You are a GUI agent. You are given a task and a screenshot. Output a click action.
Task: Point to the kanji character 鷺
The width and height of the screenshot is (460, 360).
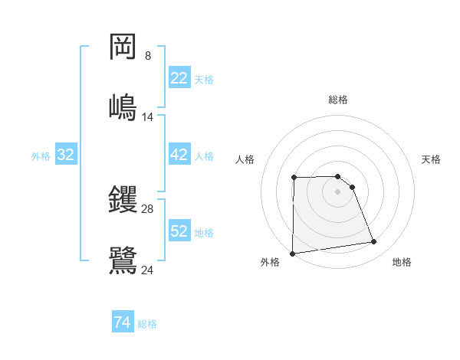click(x=123, y=259)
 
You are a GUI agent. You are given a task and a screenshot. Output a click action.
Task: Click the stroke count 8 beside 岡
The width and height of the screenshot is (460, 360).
click(x=148, y=56)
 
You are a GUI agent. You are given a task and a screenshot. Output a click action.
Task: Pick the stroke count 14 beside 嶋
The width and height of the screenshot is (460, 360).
click(x=148, y=116)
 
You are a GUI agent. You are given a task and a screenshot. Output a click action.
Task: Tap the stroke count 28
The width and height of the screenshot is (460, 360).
click(x=148, y=208)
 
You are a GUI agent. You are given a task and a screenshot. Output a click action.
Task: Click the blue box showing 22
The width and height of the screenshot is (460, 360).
click(x=179, y=78)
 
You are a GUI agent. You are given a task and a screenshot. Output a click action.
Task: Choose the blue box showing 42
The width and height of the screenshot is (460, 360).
click(x=179, y=155)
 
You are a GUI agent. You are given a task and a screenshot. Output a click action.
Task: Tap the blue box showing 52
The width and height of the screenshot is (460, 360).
click(x=179, y=231)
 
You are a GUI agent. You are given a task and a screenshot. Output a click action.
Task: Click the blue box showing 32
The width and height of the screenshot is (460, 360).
click(x=66, y=155)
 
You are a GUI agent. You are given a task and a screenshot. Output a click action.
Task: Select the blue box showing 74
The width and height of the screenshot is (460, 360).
click(x=123, y=323)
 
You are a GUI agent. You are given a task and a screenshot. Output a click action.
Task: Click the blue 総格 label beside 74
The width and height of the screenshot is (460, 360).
click(x=147, y=324)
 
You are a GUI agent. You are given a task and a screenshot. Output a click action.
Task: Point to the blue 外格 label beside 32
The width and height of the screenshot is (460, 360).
click(x=41, y=155)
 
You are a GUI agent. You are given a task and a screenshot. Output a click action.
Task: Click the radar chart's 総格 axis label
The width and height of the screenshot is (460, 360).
click(x=338, y=100)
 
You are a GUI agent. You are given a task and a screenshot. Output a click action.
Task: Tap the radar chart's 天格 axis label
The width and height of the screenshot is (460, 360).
click(x=432, y=159)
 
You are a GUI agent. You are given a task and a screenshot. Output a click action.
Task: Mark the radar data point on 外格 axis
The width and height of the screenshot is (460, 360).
click(x=292, y=254)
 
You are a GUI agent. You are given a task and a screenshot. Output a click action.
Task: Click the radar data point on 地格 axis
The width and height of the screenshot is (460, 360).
click(x=374, y=242)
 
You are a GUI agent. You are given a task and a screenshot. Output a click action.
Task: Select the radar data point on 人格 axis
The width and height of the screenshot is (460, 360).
click(x=294, y=178)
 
